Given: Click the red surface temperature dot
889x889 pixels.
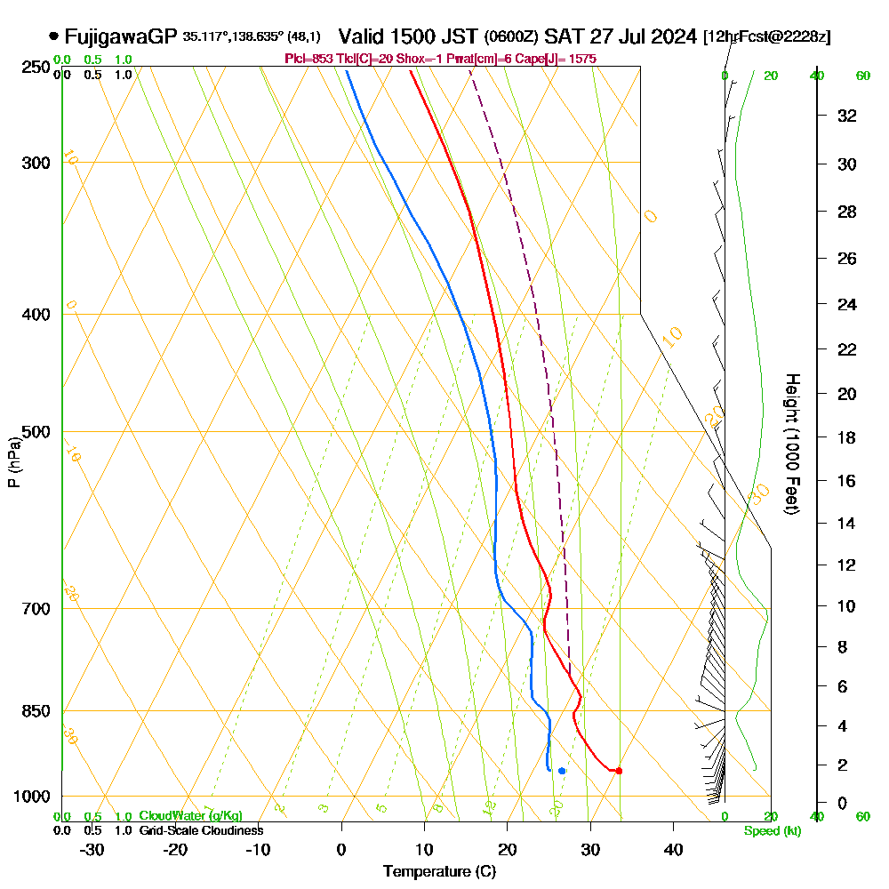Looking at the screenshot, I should click(619, 771).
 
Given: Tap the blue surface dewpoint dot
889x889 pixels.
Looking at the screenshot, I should click(562, 771).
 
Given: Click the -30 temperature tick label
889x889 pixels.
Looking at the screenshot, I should click(92, 849).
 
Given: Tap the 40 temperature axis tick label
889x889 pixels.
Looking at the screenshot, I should click(673, 849).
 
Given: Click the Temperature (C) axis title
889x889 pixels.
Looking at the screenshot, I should click(439, 872).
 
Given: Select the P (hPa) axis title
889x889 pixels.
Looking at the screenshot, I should click(14, 461).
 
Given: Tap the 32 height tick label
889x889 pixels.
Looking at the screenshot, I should click(846, 116).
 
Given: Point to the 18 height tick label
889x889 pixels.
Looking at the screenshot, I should click(846, 437).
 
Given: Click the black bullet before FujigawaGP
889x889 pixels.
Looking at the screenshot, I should click(54, 36).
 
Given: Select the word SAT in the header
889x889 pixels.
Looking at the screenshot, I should click(562, 36).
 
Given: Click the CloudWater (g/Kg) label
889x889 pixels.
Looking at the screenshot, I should click(190, 816).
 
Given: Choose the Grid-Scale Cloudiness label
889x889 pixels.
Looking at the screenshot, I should click(201, 830).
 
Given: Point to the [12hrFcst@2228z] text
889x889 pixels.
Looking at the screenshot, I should click(766, 37).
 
